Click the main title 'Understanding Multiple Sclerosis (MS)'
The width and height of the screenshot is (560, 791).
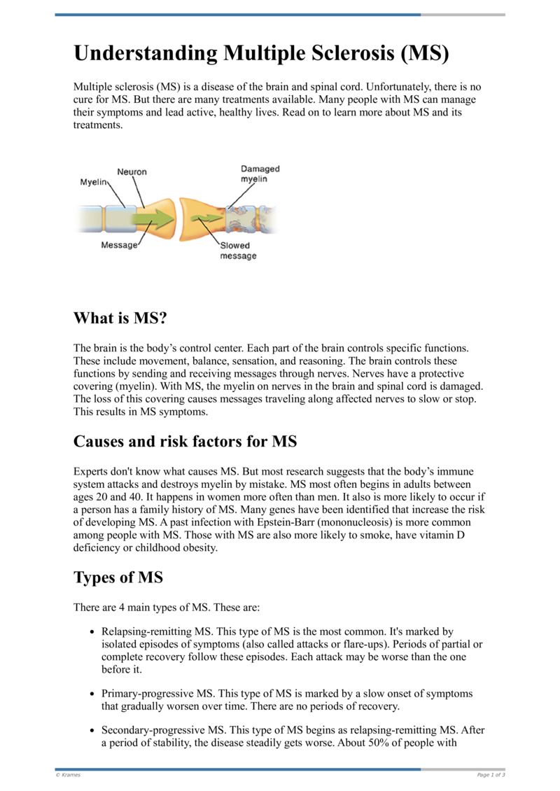point(261,54)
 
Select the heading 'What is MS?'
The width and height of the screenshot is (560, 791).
point(121,318)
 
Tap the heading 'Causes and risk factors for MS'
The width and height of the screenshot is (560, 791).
point(185,442)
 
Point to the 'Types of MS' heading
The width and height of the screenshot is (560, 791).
point(118,577)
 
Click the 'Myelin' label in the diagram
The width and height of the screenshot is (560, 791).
point(93,182)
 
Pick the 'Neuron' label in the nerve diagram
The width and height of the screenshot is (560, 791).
point(132,172)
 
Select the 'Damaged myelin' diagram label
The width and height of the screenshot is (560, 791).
point(260,174)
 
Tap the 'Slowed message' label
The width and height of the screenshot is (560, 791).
point(238,251)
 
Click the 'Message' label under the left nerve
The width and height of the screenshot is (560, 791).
point(119,246)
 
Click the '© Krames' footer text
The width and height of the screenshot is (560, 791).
point(68,775)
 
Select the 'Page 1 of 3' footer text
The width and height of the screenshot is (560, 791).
point(491,775)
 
